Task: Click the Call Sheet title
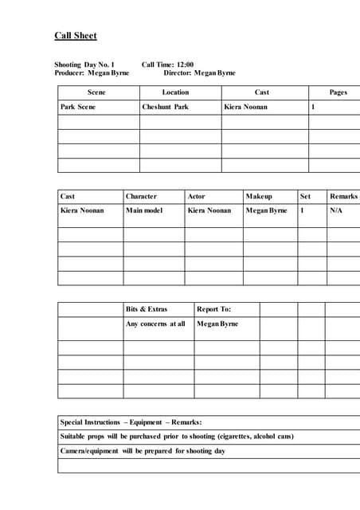point(76,36)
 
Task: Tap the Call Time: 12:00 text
point(167,65)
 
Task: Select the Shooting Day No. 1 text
point(84,65)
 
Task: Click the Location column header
point(175,92)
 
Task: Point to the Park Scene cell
point(77,107)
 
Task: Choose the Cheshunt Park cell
point(165,107)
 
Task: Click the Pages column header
point(338,92)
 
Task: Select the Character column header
point(141,196)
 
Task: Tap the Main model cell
point(144,210)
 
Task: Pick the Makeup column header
point(259,196)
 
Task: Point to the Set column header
point(305,196)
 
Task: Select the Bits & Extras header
point(147,309)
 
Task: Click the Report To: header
point(213,309)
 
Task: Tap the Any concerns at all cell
point(155,324)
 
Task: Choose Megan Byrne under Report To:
point(217,324)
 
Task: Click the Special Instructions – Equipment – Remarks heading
point(131,422)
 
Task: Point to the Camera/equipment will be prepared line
point(143,451)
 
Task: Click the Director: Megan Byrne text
point(199,73)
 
